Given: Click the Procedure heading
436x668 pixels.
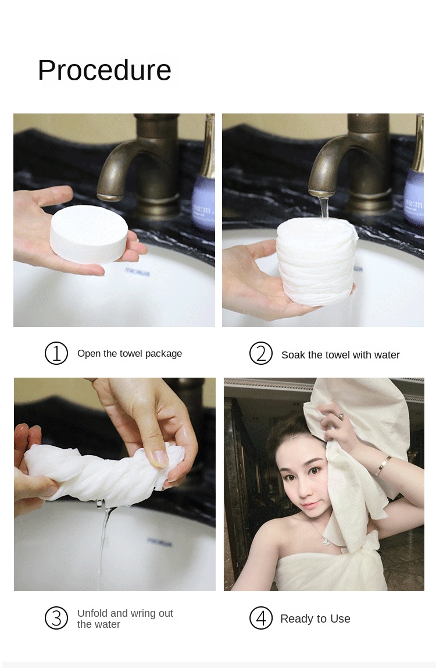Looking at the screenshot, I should (x=105, y=70).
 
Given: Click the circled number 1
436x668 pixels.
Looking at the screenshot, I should (x=56, y=353).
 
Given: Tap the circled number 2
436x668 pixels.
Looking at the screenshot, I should (x=261, y=353).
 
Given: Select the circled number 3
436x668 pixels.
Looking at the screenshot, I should (x=56, y=618).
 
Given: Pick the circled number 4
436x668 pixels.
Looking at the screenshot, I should (x=261, y=618).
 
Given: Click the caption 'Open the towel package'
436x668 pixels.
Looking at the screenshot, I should (x=130, y=354).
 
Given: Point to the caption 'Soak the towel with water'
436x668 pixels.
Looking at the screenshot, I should (x=340, y=355).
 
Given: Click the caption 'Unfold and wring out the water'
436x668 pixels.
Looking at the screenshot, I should (x=125, y=619).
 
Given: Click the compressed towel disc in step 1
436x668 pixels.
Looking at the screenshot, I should (x=89, y=234).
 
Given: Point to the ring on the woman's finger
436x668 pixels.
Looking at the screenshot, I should (x=341, y=415).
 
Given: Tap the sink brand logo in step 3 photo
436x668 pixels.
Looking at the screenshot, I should (x=160, y=542).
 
